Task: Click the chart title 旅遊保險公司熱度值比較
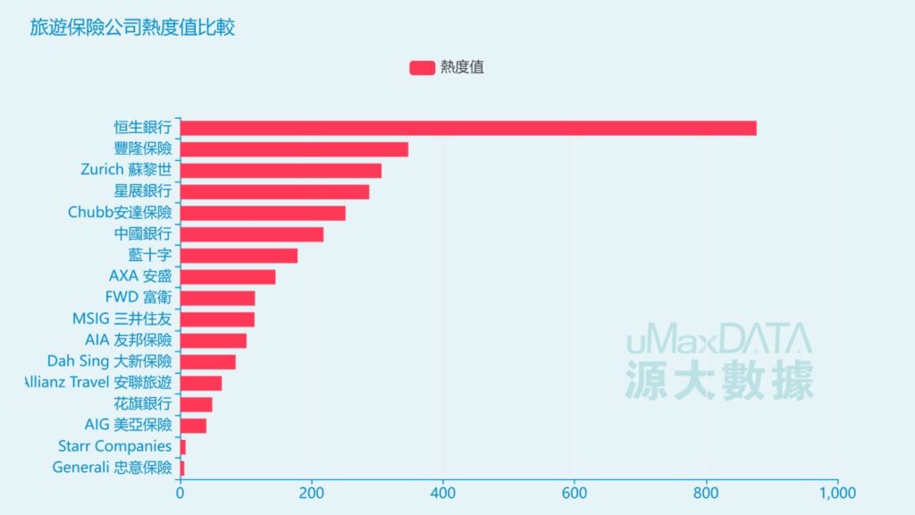[x=132, y=28]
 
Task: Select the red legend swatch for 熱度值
[x=422, y=68]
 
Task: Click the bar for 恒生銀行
[x=468, y=128]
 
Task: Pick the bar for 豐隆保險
[x=294, y=149]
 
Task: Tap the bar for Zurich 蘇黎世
[x=281, y=171]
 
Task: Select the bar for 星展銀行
[x=274, y=191]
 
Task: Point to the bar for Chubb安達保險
[x=263, y=213]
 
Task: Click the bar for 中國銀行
[x=252, y=234]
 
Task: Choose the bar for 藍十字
[x=239, y=256]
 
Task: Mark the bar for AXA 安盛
[x=228, y=276]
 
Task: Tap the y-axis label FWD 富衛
[x=138, y=298]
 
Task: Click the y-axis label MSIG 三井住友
[x=122, y=319]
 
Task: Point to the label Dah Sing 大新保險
[x=109, y=361]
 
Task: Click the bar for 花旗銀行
[x=197, y=404]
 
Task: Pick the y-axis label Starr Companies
[x=113, y=446]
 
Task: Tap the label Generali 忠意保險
[x=112, y=468]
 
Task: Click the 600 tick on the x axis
[x=575, y=492]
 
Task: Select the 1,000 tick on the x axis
[x=836, y=492]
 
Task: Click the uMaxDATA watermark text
[x=718, y=341]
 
